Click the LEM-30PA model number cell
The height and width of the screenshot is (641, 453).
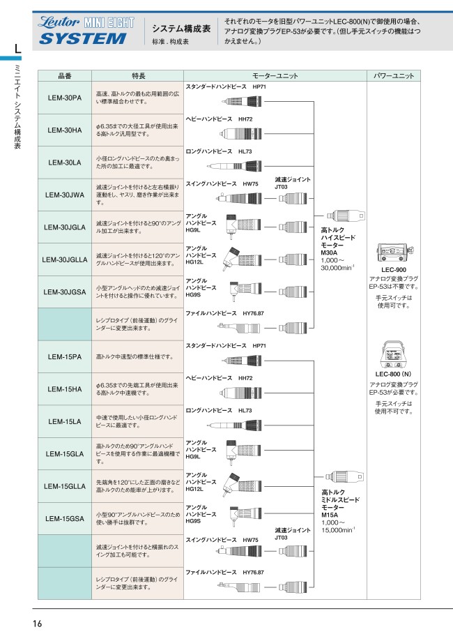[65, 98]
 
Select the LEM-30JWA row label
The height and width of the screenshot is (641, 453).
[65, 195]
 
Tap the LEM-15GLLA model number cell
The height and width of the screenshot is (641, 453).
[65, 486]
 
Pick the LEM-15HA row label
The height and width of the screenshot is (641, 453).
[65, 389]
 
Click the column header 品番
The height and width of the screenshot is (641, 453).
[65, 76]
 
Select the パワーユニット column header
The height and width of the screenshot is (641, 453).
[394, 76]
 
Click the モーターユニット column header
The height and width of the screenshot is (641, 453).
[275, 76]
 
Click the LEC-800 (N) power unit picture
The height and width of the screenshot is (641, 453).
[394, 354]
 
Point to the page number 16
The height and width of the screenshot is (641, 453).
[37, 623]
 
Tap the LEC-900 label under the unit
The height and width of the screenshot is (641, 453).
[394, 269]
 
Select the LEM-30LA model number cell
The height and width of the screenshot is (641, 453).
[65, 163]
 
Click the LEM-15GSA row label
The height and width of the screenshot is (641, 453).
[65, 518]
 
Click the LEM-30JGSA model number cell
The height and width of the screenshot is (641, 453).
[65, 292]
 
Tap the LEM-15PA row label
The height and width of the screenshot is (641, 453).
[65, 356]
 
